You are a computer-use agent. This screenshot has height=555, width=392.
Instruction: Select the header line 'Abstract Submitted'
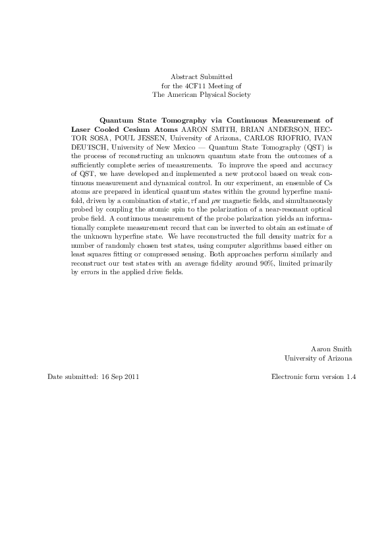click(201, 77)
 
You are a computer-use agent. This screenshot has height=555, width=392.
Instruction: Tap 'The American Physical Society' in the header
click(201, 94)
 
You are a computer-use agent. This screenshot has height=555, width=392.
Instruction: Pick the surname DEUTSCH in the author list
click(90, 148)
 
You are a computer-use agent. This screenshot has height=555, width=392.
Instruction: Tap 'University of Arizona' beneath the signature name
click(318, 358)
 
